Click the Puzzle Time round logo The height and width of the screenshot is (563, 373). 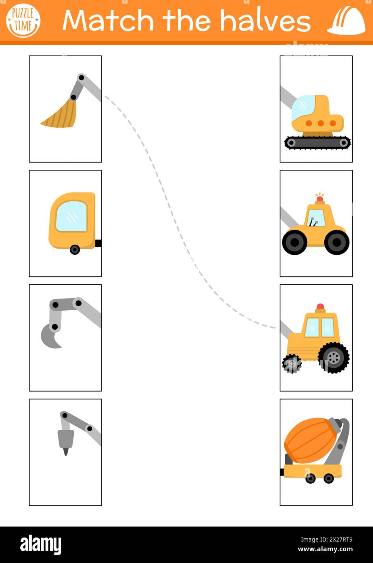tap(23, 21)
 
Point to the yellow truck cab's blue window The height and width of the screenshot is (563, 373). tap(71, 217)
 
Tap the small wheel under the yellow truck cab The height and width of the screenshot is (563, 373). tap(75, 249)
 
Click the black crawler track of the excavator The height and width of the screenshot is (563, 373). tap(317, 143)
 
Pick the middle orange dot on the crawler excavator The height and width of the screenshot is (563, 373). tap(321, 123)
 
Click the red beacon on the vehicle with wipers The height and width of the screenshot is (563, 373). tap(320, 198)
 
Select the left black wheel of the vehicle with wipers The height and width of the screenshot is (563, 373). tap(294, 242)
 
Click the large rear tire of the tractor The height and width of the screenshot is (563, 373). tap(334, 357)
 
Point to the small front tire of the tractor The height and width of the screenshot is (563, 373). tap(292, 364)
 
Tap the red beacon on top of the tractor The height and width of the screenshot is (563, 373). tap(320, 307)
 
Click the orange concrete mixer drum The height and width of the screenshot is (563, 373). tap(310, 440)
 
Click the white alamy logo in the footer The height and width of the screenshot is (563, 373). tap(41, 545)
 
